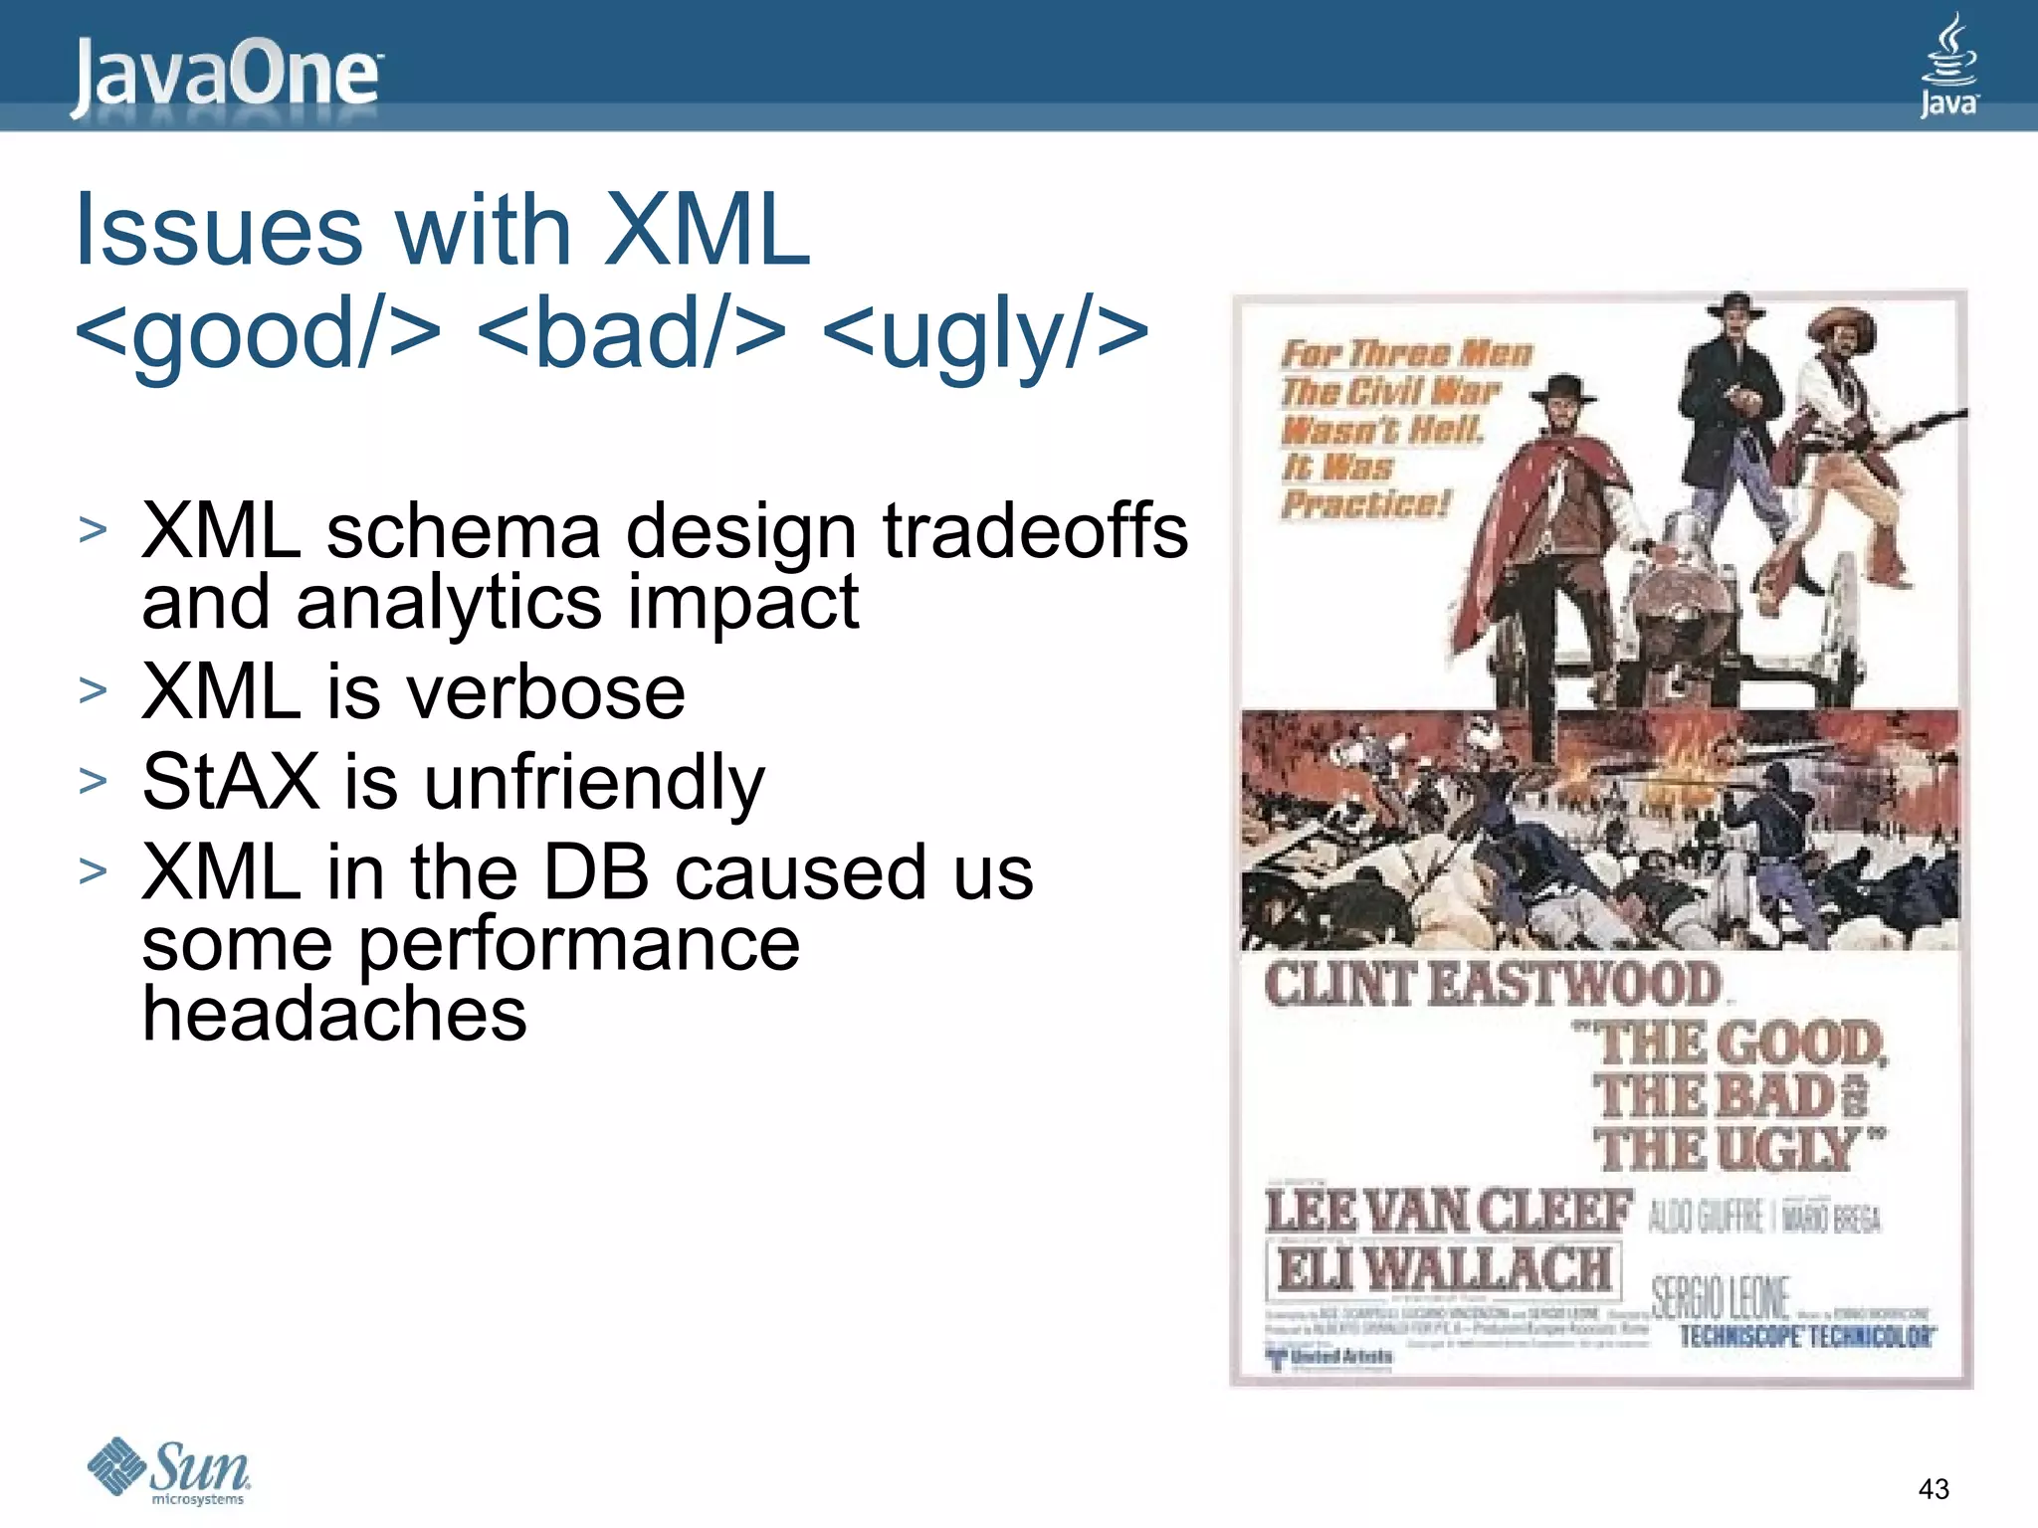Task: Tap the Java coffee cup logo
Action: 1947,66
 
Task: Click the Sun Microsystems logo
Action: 169,1470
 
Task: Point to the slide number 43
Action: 1933,1489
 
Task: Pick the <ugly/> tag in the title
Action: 985,334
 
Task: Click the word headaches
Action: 334,1014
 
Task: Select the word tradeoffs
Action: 1035,531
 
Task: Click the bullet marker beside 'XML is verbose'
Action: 93,690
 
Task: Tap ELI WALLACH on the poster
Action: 1443,1269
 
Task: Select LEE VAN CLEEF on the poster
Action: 1448,1212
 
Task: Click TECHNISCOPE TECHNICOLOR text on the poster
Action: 1806,1336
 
